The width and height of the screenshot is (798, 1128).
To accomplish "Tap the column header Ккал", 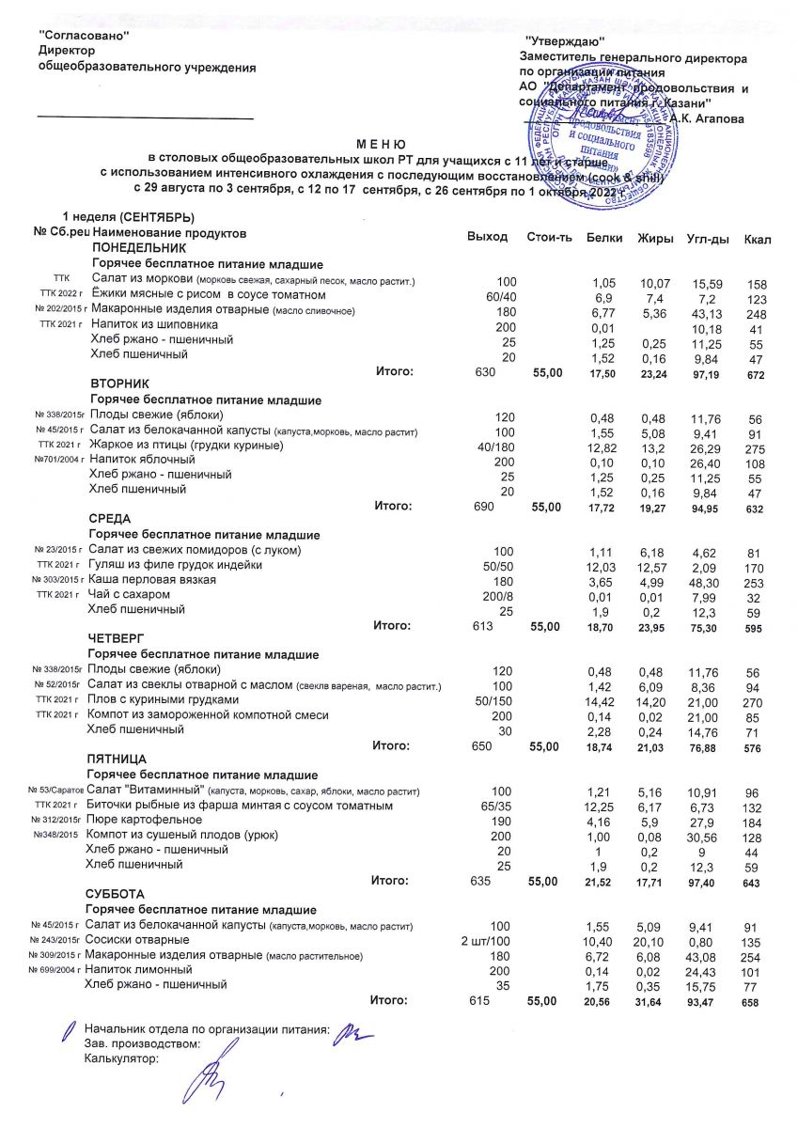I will coord(756,239).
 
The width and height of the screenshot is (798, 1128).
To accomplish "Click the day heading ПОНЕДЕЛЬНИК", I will coord(132,247).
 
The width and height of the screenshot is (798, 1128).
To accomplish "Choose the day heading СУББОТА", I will coord(117,893).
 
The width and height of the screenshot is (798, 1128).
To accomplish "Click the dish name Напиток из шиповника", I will coord(154,324).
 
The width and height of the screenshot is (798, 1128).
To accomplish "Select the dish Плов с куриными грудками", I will coord(163,699).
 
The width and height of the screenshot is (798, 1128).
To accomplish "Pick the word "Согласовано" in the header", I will coord(82,35).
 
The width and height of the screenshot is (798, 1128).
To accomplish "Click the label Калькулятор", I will coord(121,1057).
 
